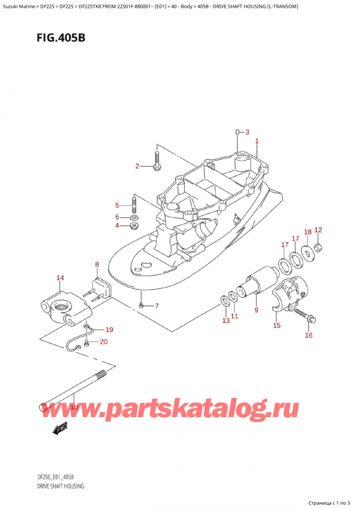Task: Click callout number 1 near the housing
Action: [x=256, y=142]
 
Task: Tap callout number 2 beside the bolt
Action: [x=247, y=133]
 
